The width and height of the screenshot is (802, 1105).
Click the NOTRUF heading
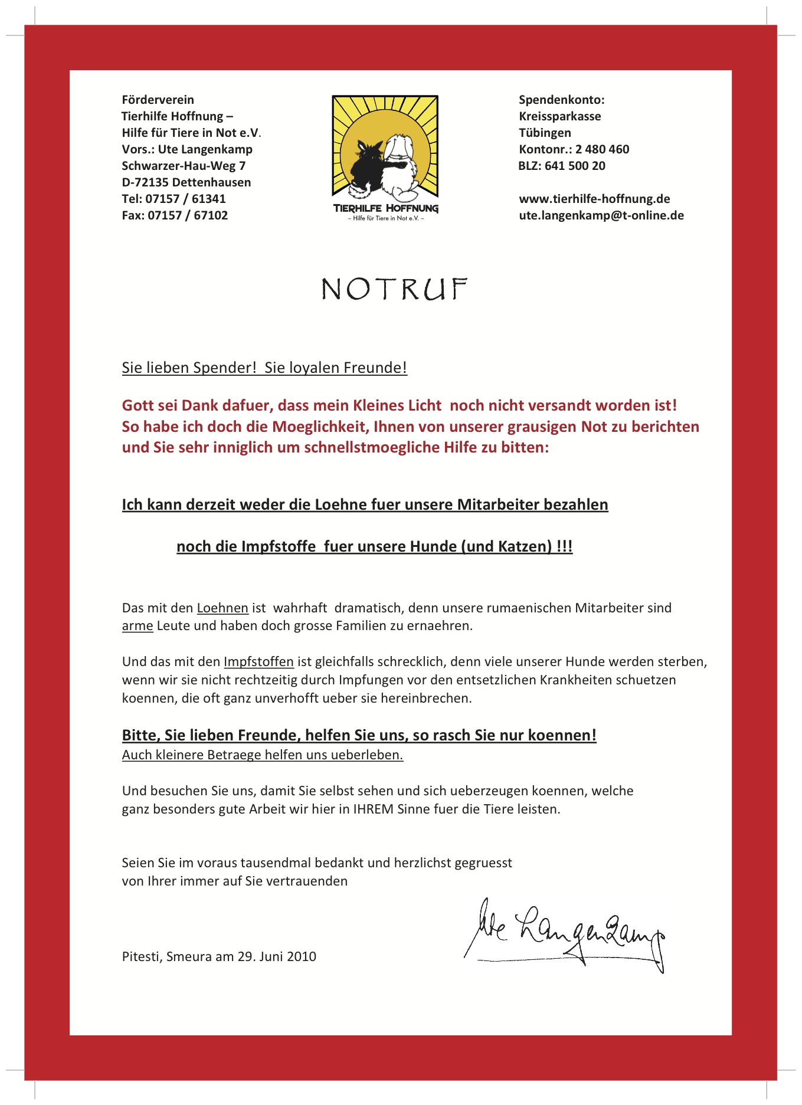tap(394, 289)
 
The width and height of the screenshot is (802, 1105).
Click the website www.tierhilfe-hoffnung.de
tap(594, 199)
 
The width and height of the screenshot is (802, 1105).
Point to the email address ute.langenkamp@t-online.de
tap(601, 215)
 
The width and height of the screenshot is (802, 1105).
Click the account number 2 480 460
tap(602, 149)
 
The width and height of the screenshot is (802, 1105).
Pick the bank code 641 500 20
tap(575, 166)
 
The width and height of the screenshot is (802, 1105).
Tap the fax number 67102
tap(211, 215)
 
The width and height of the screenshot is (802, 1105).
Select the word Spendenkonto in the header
tap(560, 100)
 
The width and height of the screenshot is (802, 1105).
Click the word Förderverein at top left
tap(158, 100)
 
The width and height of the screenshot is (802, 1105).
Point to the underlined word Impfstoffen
tap(258, 661)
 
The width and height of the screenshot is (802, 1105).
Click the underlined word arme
tap(138, 625)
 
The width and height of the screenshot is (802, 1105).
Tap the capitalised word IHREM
tap(373, 809)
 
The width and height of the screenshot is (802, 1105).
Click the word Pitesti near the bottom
tap(142, 956)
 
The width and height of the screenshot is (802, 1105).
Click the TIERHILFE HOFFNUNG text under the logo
tap(385, 208)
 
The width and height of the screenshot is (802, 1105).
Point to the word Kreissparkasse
tap(560, 116)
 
